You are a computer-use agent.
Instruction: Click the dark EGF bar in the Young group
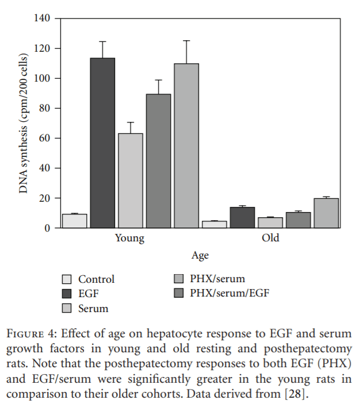pos(102,143)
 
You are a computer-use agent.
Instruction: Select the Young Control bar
pos(75,221)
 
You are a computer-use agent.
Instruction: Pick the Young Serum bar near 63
pos(131,181)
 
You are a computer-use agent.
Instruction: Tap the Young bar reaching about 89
pos(158,161)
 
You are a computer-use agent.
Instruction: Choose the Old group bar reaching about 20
pos(326,213)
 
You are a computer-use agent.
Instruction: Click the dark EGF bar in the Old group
pos(242,218)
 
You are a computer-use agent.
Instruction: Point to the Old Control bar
pos(215,225)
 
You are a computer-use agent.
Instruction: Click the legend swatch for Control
pos(67,280)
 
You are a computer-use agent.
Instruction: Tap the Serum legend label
pos(93,309)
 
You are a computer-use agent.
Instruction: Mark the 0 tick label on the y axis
pos(49,228)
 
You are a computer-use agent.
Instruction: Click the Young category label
pos(129,238)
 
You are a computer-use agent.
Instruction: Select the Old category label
pos(270,238)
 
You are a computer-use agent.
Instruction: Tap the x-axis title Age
pos(200,256)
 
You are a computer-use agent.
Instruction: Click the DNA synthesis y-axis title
pos(24,124)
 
